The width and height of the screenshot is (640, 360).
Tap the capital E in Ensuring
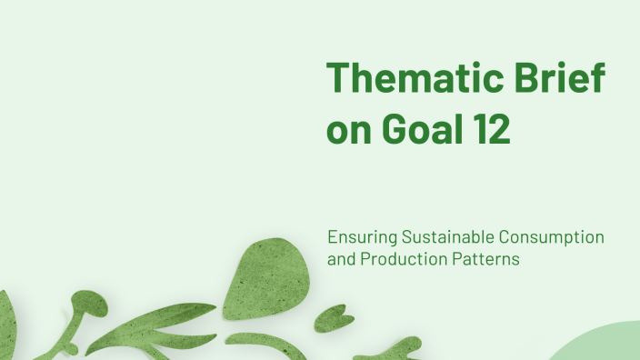tap(334, 237)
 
